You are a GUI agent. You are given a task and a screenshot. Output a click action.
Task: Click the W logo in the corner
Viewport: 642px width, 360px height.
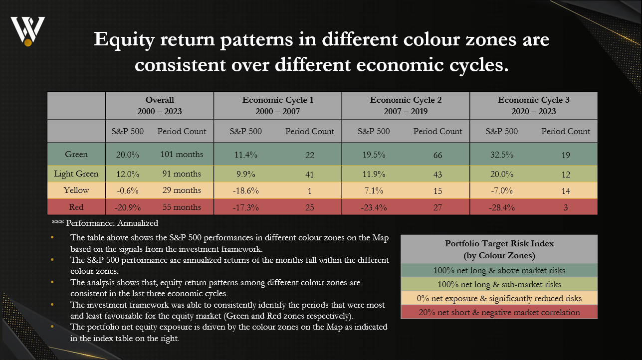click(28, 31)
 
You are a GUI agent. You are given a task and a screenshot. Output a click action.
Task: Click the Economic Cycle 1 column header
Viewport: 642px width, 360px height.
click(278, 106)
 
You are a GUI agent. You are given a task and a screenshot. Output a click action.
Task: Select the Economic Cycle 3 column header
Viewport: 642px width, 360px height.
click(534, 106)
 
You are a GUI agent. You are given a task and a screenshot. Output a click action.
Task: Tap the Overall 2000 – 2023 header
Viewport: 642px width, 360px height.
click(160, 106)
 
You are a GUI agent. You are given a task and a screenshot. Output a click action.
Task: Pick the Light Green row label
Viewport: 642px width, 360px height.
click(76, 174)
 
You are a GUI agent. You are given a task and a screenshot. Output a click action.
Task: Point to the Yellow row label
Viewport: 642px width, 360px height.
click(76, 190)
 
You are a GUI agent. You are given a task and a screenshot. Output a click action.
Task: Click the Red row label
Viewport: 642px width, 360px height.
click(76, 207)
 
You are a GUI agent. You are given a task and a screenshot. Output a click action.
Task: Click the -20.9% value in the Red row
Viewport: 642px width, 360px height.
click(127, 207)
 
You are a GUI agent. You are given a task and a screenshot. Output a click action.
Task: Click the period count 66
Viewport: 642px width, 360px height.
click(437, 155)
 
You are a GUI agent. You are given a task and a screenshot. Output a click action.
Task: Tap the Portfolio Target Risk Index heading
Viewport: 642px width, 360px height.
click(499, 249)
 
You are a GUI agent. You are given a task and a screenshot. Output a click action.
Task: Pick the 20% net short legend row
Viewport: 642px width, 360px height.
click(499, 312)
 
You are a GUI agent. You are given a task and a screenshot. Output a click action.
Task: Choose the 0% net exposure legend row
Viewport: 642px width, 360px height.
click(499, 298)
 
